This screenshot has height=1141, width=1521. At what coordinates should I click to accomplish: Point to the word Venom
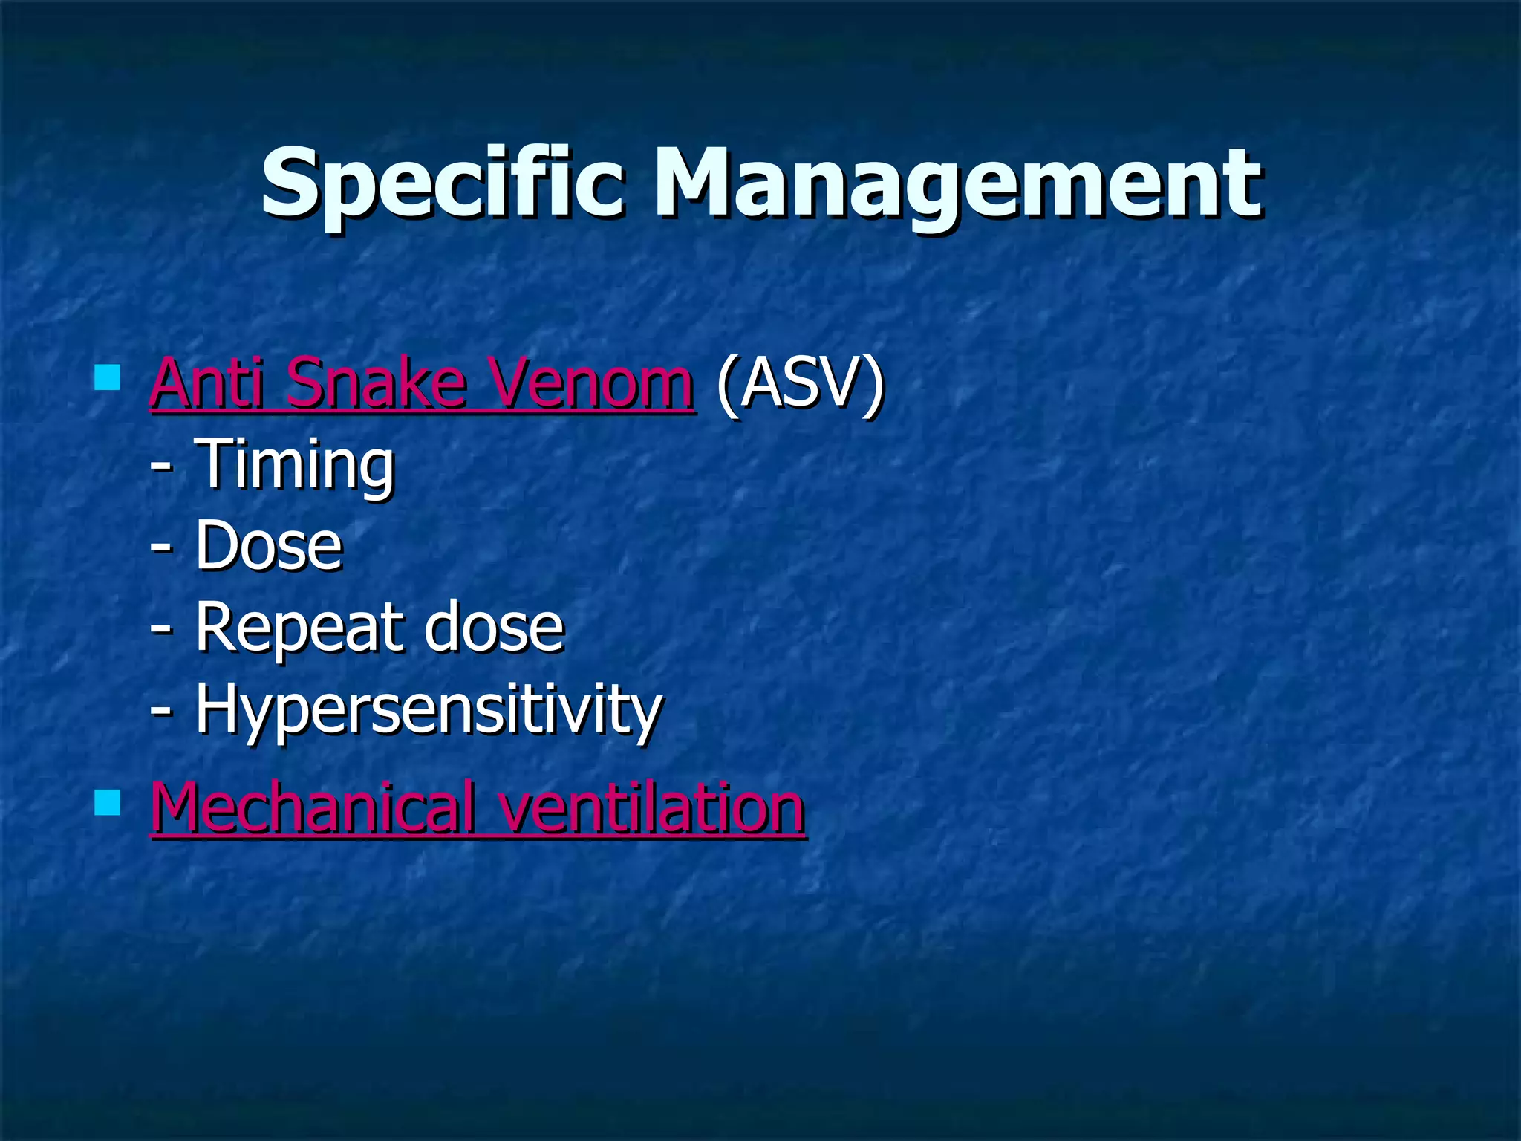(x=590, y=384)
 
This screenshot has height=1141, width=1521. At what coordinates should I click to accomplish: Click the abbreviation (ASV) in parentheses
(x=801, y=384)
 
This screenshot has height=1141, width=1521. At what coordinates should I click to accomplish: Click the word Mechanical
(x=313, y=807)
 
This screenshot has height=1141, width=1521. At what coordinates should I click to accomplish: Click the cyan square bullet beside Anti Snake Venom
(x=108, y=377)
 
